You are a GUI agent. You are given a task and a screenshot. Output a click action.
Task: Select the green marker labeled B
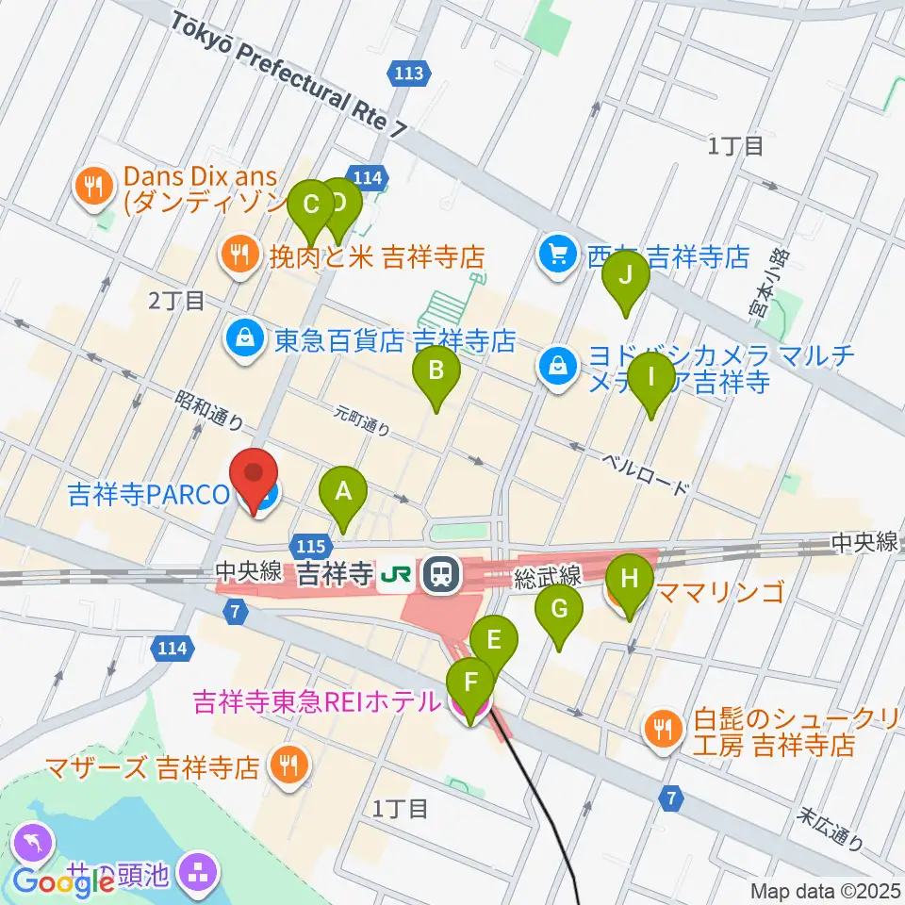[436, 371]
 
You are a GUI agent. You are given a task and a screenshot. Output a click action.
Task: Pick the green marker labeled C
[308, 206]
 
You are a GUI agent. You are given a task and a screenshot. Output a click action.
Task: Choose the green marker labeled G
[559, 611]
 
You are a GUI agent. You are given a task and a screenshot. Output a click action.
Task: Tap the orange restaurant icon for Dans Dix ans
[92, 187]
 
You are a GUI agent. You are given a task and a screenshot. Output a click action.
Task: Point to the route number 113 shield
[412, 72]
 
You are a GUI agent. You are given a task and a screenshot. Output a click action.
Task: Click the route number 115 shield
[312, 546]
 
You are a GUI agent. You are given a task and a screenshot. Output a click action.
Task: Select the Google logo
[63, 882]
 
